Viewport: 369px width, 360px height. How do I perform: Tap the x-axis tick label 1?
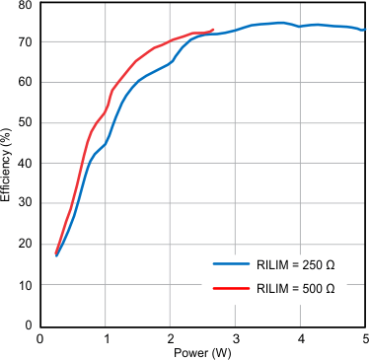tap(106, 337)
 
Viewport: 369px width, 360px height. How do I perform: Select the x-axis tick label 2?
tap(171, 337)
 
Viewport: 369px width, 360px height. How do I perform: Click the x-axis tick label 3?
tap(236, 337)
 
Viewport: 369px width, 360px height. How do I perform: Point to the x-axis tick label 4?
tap(301, 337)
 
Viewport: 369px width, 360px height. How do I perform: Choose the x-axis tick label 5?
tap(364, 337)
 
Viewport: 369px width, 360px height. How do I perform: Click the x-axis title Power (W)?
tap(203, 352)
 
